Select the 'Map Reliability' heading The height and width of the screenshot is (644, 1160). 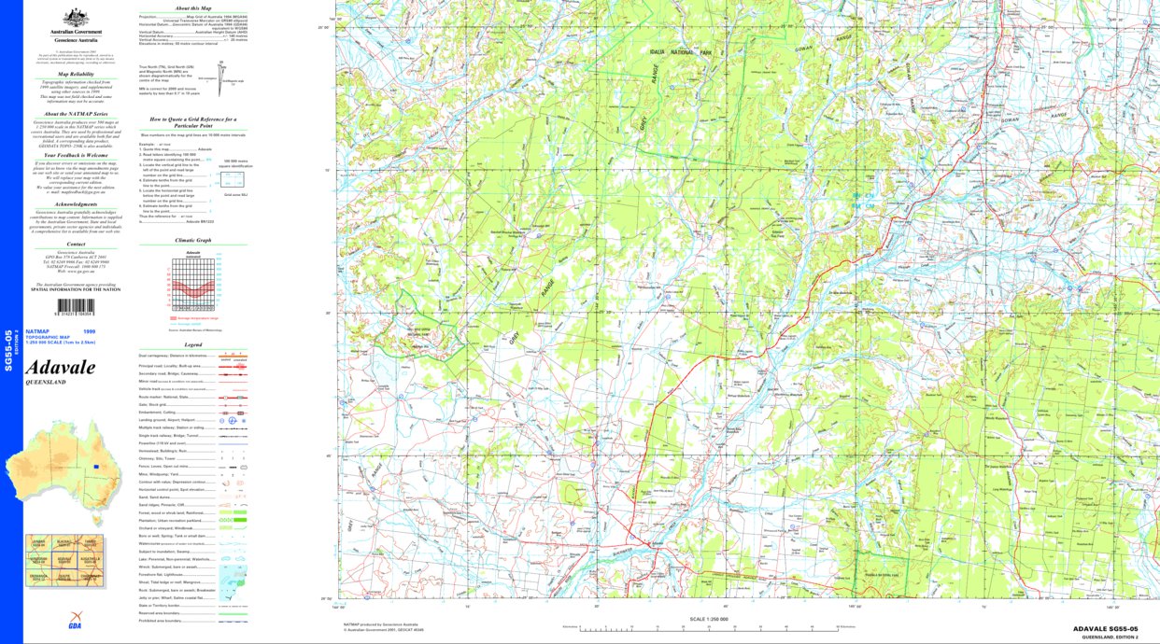click(76, 73)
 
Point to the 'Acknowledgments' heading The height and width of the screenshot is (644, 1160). click(76, 203)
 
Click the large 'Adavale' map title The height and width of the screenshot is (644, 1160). click(60, 368)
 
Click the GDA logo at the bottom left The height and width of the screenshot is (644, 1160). click(75, 625)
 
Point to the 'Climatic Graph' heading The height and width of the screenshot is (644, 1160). click(193, 240)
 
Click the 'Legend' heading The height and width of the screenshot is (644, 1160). click(193, 344)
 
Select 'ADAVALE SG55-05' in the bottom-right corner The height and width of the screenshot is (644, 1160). click(1105, 629)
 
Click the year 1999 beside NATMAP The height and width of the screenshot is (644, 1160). click(89, 331)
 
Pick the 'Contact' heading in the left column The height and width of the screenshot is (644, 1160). click(76, 245)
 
